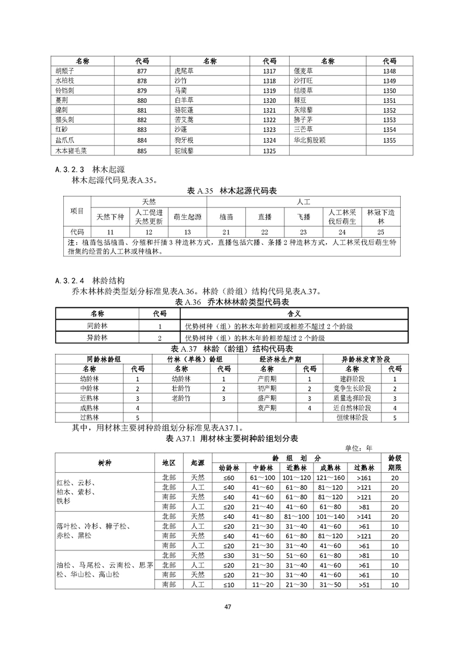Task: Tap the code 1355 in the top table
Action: point(389,140)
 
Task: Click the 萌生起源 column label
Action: point(187,216)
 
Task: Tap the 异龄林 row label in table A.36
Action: point(97,338)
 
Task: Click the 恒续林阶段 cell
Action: point(352,417)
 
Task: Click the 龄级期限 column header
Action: point(394,462)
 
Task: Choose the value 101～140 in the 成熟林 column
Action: point(328,517)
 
